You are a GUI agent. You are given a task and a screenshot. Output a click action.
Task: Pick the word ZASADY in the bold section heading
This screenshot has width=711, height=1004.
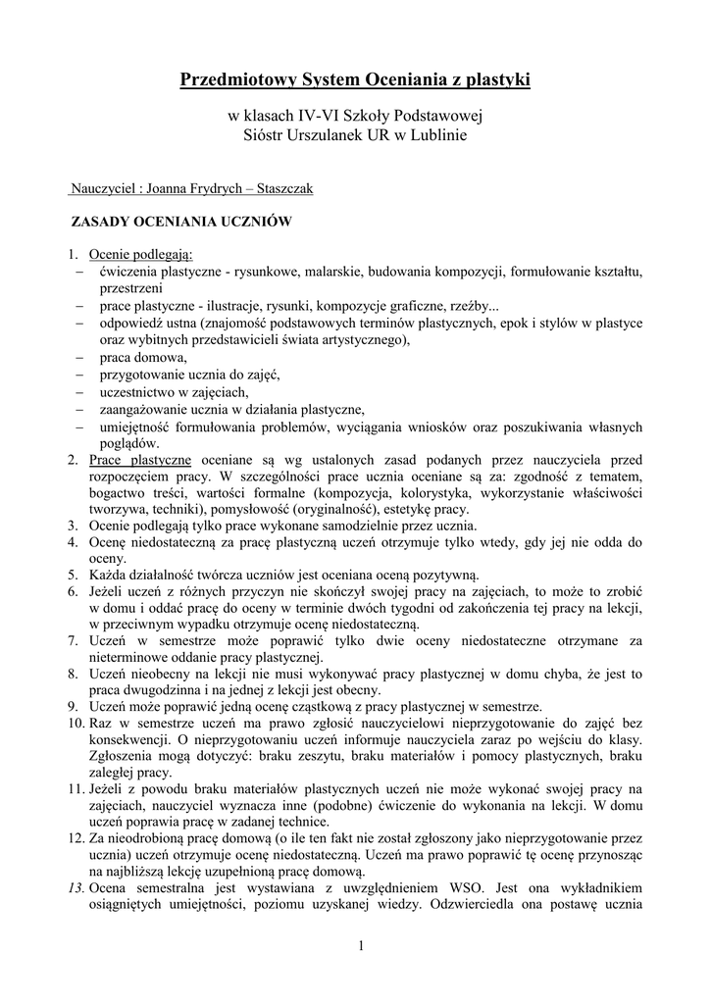tap(99, 222)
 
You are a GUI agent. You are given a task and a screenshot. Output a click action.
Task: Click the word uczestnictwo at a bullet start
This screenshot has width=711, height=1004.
tap(137, 391)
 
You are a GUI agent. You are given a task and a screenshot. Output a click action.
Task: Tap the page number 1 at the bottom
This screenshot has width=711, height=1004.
tap(360, 946)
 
